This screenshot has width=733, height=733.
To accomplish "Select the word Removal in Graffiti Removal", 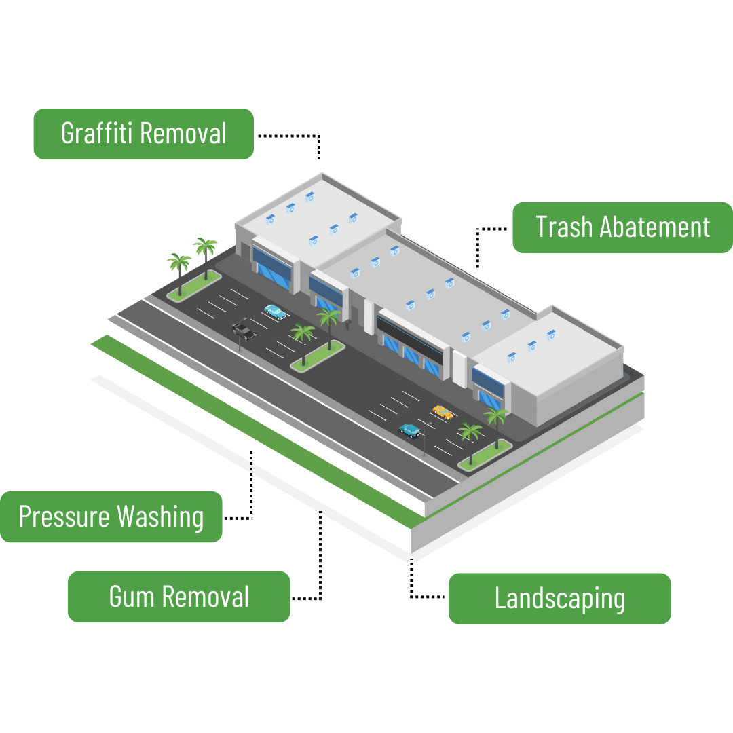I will point(184,134).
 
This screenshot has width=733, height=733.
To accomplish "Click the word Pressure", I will point(64,516).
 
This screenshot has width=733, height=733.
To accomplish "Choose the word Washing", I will point(159,517).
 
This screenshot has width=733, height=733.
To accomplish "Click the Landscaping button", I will point(559,598).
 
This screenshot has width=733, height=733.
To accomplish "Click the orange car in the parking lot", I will point(443,411).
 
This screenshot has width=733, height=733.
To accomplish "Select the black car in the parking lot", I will point(244,331).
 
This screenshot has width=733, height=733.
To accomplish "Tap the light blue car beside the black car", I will point(275,311).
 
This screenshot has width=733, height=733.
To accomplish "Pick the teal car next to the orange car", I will point(409,430).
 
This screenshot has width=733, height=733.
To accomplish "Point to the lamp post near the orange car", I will point(424,441).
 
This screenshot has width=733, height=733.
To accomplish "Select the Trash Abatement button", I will point(622,227).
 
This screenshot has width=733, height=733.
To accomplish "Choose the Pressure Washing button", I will point(111,516).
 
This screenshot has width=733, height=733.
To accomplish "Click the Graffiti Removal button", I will point(143,134).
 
